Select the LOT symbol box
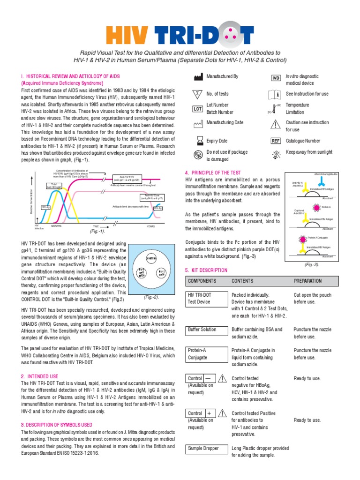[197, 109]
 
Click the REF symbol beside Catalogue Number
[276, 141]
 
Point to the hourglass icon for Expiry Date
[197, 141]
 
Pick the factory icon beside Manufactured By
[197, 76]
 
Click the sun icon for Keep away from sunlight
[276, 152]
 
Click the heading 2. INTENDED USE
[40, 376]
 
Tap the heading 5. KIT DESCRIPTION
[206, 270]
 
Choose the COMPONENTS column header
[202, 281]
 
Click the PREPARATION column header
[307, 281]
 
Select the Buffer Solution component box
[202, 330]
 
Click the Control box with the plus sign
[201, 413]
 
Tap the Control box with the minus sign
[201, 378]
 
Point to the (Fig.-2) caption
[151, 297]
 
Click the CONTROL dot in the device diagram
[151, 258]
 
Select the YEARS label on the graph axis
[150, 226]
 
